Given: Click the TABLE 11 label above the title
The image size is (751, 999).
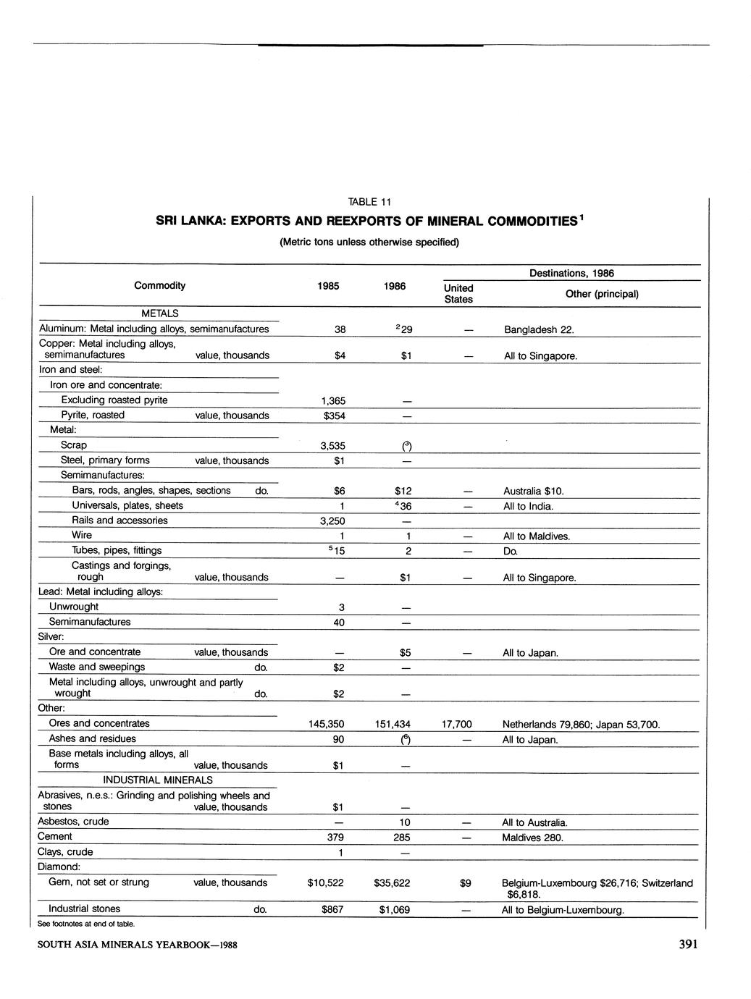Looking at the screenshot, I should [x=369, y=202].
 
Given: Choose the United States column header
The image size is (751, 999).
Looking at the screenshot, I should [x=458, y=293].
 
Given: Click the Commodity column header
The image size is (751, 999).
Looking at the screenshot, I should [x=159, y=285].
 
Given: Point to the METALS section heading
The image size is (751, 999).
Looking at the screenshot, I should [x=159, y=313].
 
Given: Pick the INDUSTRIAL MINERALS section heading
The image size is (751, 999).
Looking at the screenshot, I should [x=158, y=780].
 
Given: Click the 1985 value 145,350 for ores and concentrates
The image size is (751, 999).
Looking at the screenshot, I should [x=326, y=724].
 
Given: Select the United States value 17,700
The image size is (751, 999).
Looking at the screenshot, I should [x=456, y=724].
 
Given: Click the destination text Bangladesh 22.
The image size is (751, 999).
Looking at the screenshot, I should [x=539, y=330].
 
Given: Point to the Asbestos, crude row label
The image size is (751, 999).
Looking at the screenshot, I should [x=73, y=822].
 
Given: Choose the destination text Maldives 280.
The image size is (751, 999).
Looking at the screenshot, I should [x=532, y=838].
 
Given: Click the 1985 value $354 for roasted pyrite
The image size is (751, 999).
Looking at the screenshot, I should [x=333, y=416].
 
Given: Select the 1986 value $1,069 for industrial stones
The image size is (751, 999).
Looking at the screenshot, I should [x=394, y=910].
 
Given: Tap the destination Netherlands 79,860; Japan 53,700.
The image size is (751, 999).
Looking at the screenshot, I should [x=581, y=725].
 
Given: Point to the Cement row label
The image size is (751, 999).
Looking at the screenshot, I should [x=55, y=837].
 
